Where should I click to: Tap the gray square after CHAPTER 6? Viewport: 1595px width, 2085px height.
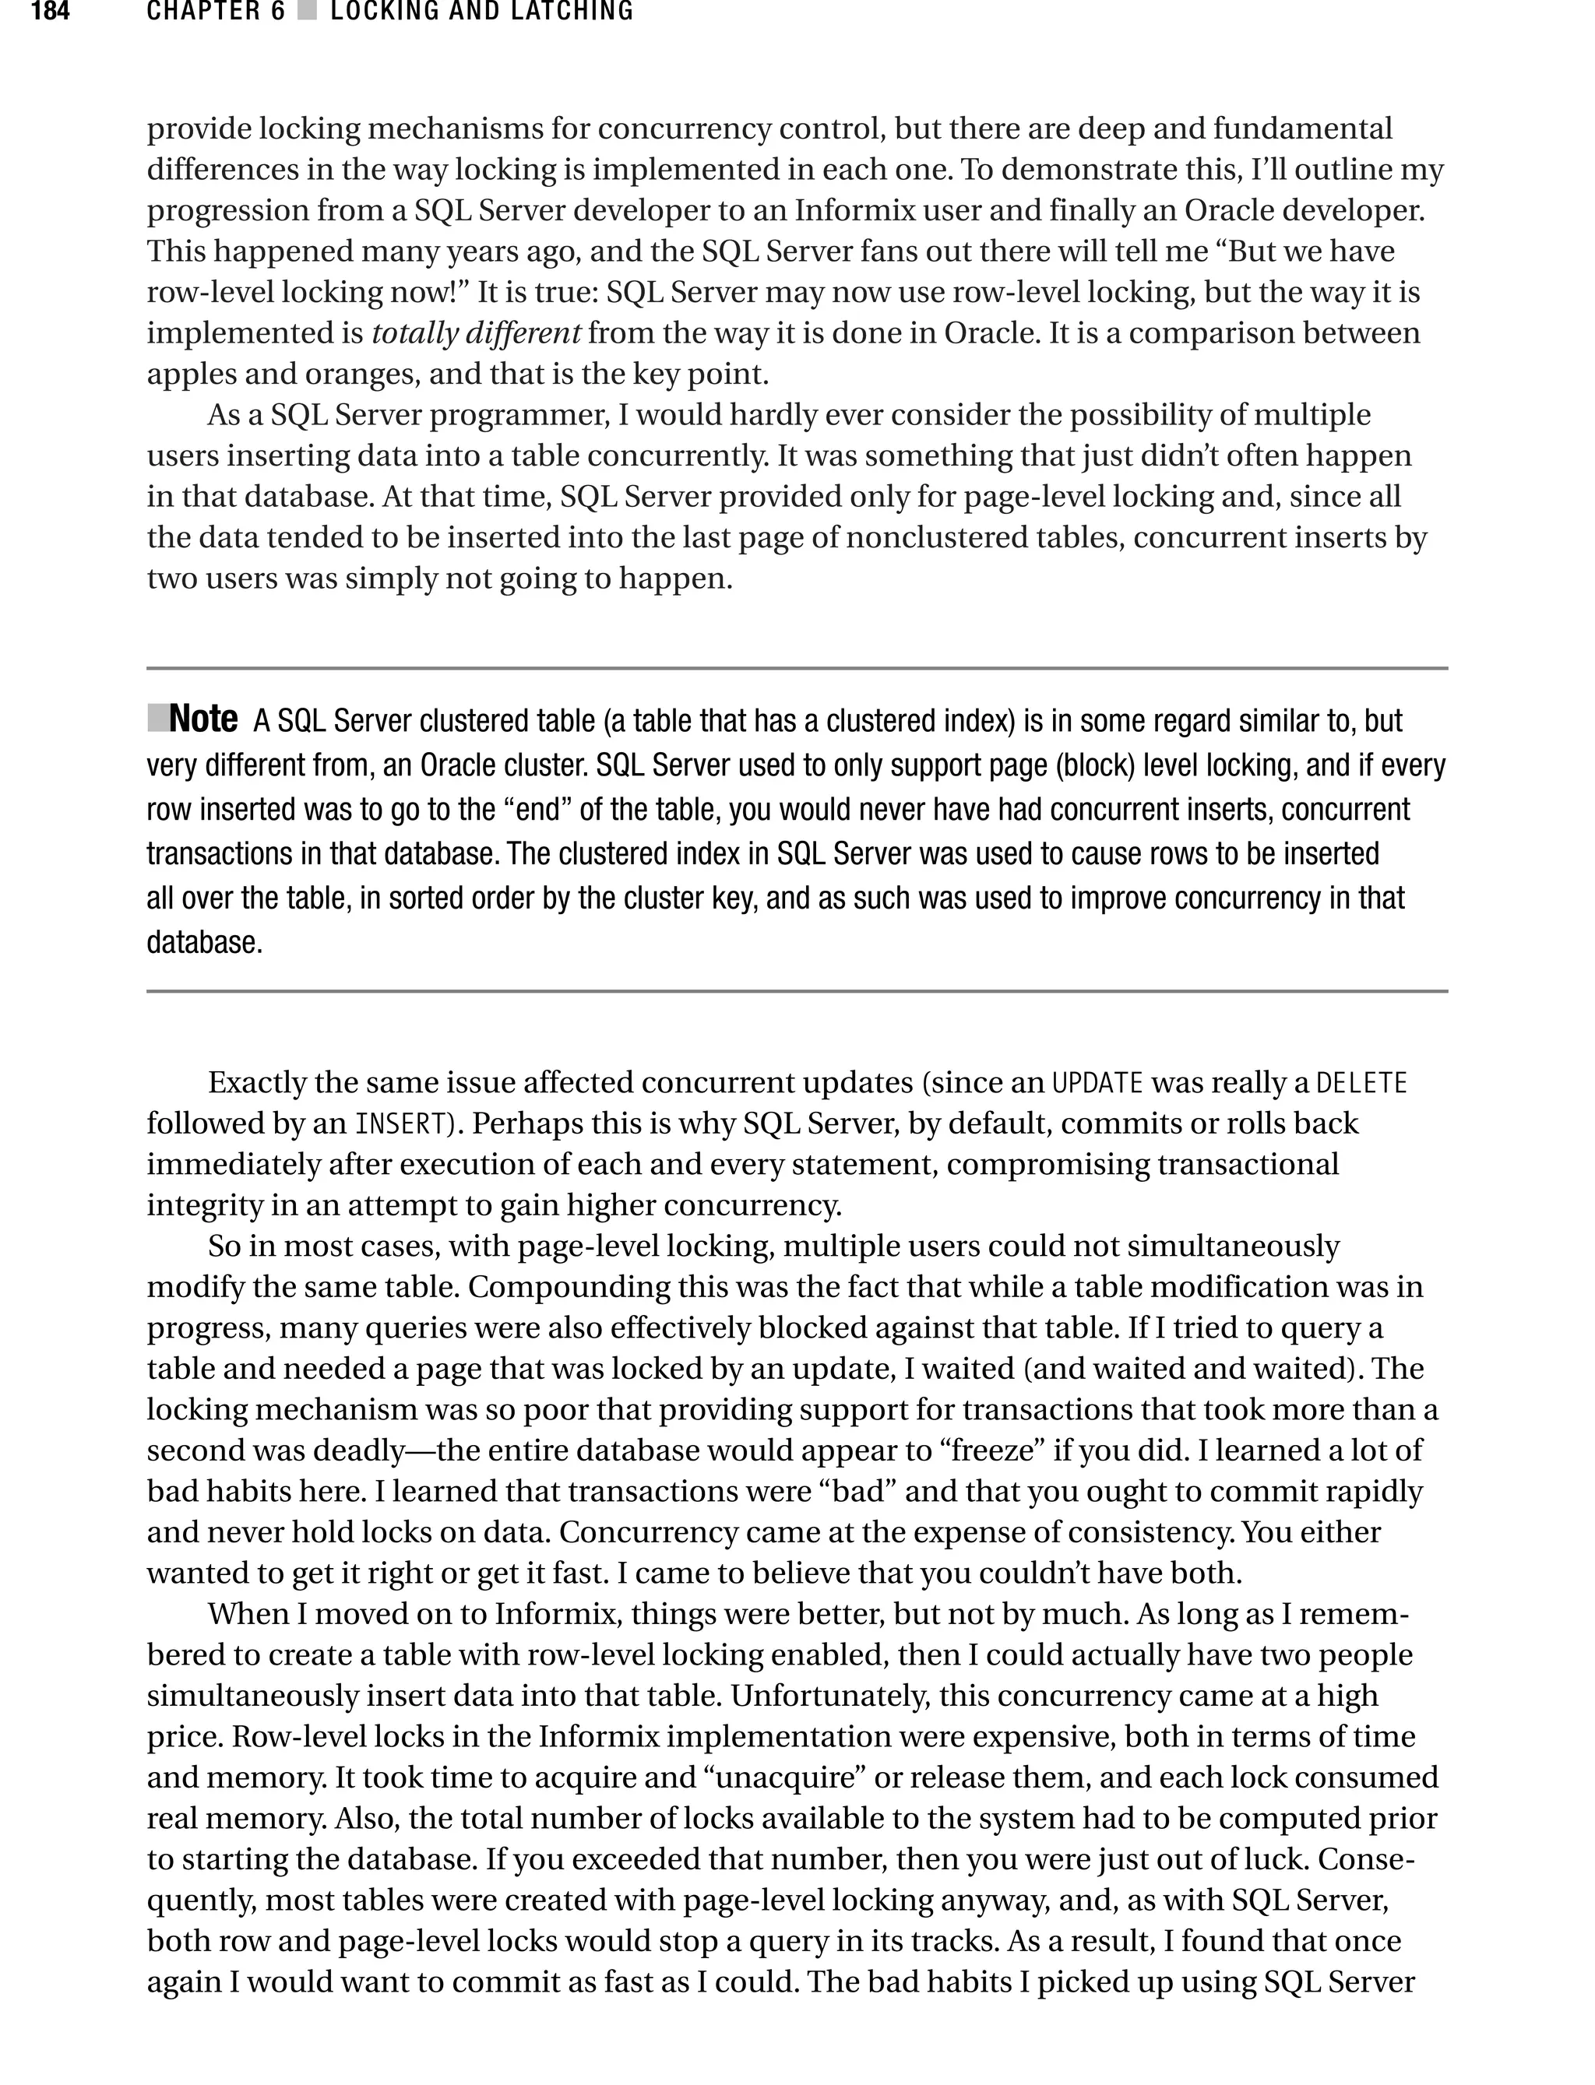point(307,12)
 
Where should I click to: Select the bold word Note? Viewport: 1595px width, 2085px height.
point(203,720)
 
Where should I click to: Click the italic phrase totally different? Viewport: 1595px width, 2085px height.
point(476,333)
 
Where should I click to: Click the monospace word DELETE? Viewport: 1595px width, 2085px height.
point(1362,1083)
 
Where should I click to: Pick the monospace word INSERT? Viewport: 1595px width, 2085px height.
point(400,1123)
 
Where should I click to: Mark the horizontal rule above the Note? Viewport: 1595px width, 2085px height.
point(797,669)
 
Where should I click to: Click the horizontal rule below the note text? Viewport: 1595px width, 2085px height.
point(797,992)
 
